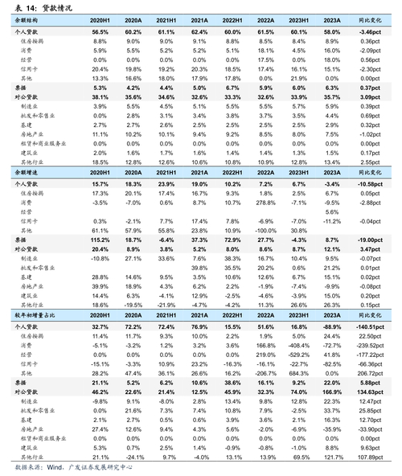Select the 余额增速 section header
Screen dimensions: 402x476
point(30,173)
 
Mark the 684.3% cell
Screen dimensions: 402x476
point(298,373)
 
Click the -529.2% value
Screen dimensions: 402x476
point(298,355)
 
